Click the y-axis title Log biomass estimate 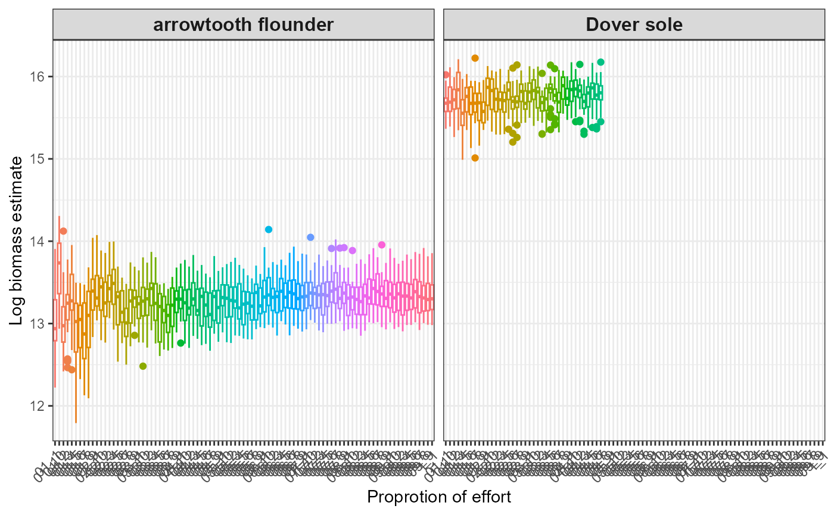point(17,241)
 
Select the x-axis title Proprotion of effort point(439,497)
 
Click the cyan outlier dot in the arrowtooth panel point(269,229)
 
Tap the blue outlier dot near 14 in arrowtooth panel point(310,237)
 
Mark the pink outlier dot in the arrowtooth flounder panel point(382,245)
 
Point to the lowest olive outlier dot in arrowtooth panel point(143,366)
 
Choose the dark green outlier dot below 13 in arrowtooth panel point(181,342)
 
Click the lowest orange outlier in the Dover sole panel point(475,158)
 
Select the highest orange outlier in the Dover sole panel point(475,58)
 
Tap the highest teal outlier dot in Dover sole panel point(600,62)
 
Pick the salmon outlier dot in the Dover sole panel point(446,74)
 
